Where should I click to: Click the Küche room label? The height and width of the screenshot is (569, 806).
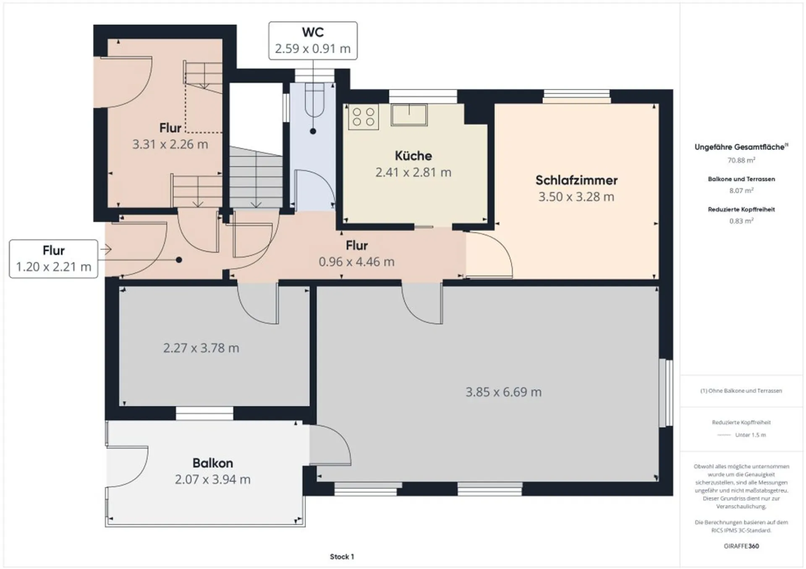pyautogui.click(x=413, y=156)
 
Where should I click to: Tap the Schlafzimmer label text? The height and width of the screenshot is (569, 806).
pyautogui.click(x=576, y=180)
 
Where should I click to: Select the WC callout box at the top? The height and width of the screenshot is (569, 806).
pyautogui.click(x=313, y=41)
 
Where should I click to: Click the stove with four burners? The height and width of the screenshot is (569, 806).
pyautogui.click(x=364, y=117)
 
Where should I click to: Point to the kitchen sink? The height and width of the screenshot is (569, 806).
pyautogui.click(x=409, y=115)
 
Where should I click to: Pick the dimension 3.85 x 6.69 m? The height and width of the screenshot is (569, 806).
pyautogui.click(x=503, y=392)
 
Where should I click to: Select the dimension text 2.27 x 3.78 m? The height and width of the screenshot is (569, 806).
pyautogui.click(x=201, y=348)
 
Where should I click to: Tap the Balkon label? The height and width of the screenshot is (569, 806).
pyautogui.click(x=212, y=463)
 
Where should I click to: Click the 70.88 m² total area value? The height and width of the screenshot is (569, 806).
pyautogui.click(x=741, y=160)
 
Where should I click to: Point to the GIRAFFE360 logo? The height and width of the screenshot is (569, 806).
pyautogui.click(x=741, y=546)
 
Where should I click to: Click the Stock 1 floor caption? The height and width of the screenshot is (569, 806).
pyautogui.click(x=342, y=556)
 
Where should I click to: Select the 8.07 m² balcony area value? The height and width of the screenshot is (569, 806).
pyautogui.click(x=741, y=191)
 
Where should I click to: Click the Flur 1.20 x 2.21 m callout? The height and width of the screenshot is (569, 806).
pyautogui.click(x=53, y=259)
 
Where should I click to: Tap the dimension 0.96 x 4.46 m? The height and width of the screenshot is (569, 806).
pyautogui.click(x=356, y=262)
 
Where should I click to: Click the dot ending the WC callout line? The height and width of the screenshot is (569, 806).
pyautogui.click(x=313, y=131)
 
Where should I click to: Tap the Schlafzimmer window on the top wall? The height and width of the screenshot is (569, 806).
pyautogui.click(x=577, y=97)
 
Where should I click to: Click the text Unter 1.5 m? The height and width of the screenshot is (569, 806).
pyautogui.click(x=751, y=435)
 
